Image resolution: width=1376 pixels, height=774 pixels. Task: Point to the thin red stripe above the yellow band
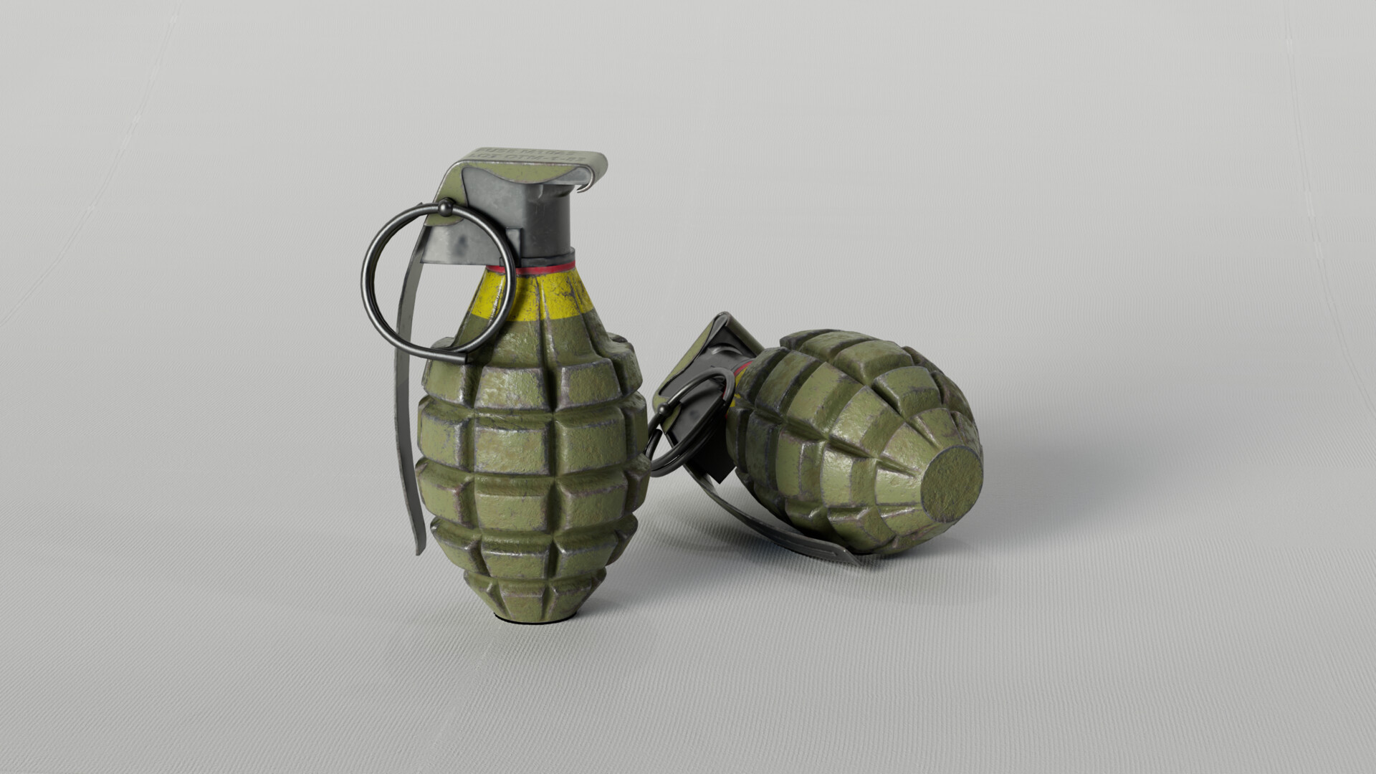click(x=545, y=269)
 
